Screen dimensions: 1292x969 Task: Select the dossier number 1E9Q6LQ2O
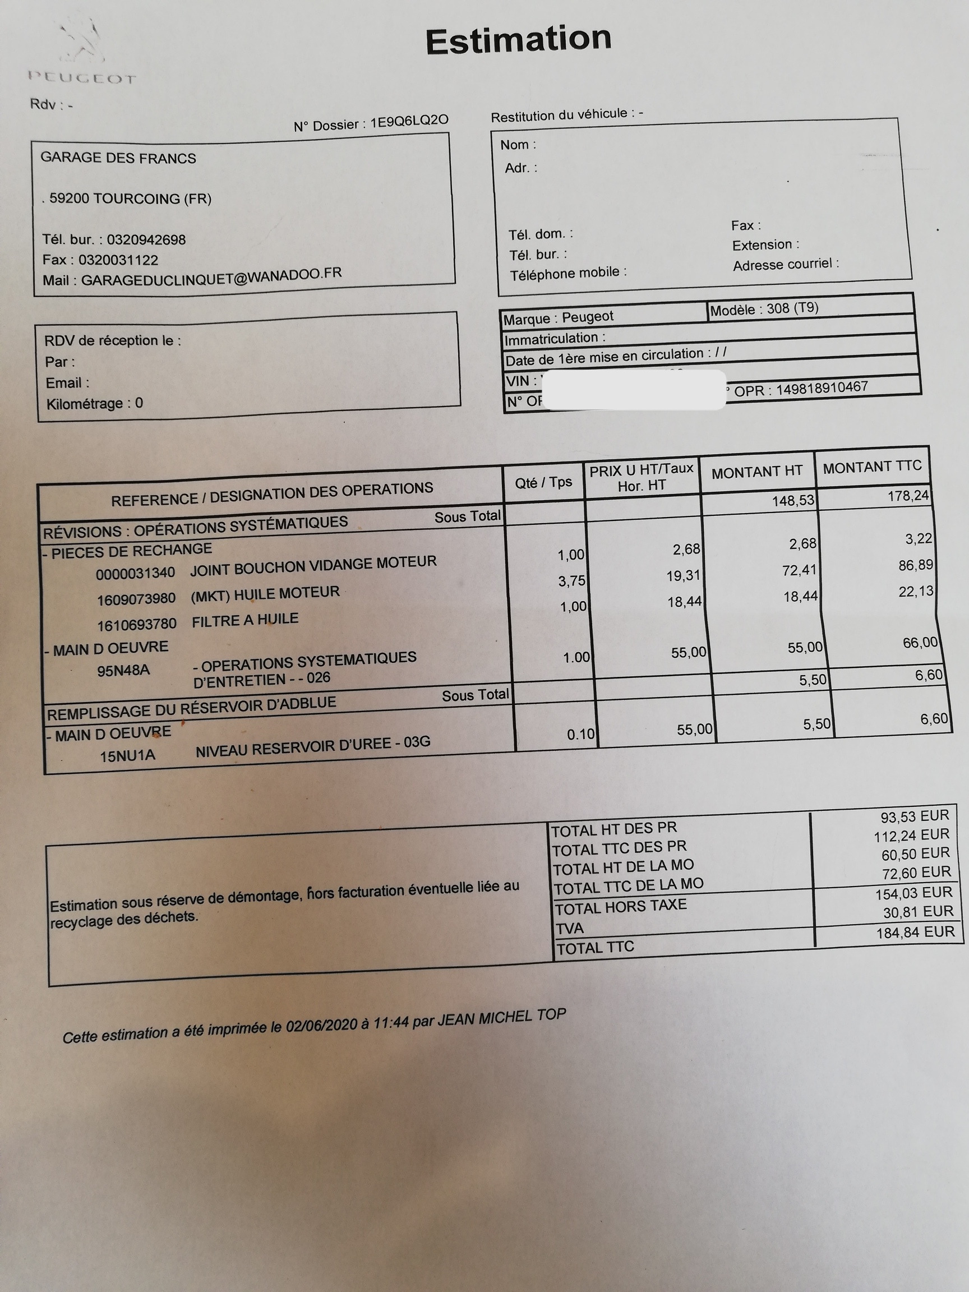click(x=409, y=121)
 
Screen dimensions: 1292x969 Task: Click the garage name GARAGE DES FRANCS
click(x=118, y=158)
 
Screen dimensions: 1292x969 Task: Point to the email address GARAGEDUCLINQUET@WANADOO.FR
click(x=211, y=277)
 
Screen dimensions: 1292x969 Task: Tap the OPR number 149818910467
click(x=821, y=389)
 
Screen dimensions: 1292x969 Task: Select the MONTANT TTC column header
click(x=871, y=467)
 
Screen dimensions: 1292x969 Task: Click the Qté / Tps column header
click(x=543, y=482)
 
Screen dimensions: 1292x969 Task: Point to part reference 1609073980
click(x=136, y=599)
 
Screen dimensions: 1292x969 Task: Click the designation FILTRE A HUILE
click(x=244, y=620)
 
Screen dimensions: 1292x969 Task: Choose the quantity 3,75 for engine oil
click(x=571, y=580)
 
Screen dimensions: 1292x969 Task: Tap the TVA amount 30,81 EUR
click(x=917, y=912)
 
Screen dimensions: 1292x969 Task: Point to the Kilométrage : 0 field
click(x=95, y=404)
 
